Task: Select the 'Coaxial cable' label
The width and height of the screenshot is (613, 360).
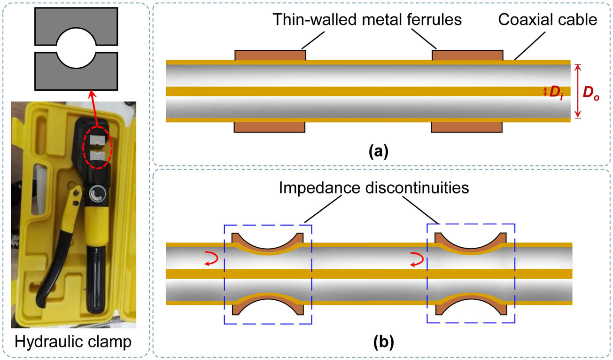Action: click(x=547, y=20)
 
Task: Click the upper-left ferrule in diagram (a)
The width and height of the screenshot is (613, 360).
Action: click(x=270, y=55)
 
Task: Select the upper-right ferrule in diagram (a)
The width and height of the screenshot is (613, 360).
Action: click(x=467, y=55)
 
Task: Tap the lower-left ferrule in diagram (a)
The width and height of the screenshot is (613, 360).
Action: click(x=270, y=127)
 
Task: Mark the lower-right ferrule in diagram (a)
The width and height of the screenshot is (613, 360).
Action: click(x=467, y=127)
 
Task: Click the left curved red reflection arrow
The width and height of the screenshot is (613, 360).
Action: click(x=211, y=258)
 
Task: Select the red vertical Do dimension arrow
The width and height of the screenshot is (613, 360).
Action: click(x=578, y=91)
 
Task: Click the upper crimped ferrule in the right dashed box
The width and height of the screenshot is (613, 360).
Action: click(x=471, y=244)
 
